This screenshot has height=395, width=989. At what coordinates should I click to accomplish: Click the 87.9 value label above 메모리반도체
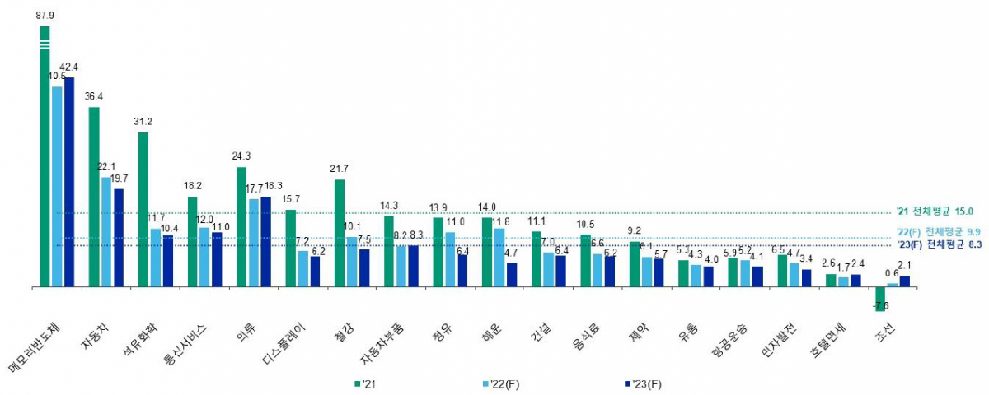point(45,14)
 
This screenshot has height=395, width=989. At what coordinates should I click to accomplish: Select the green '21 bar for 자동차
point(94,197)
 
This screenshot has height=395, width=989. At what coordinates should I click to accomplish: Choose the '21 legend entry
point(367,383)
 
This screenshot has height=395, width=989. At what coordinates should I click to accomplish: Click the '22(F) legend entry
point(504,383)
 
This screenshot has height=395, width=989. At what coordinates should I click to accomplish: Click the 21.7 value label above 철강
point(339,169)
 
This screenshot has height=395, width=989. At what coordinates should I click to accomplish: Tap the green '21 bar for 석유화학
point(143,209)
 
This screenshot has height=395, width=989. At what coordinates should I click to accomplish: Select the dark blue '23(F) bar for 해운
point(512,275)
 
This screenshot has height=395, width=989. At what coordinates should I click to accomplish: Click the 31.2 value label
point(143,121)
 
